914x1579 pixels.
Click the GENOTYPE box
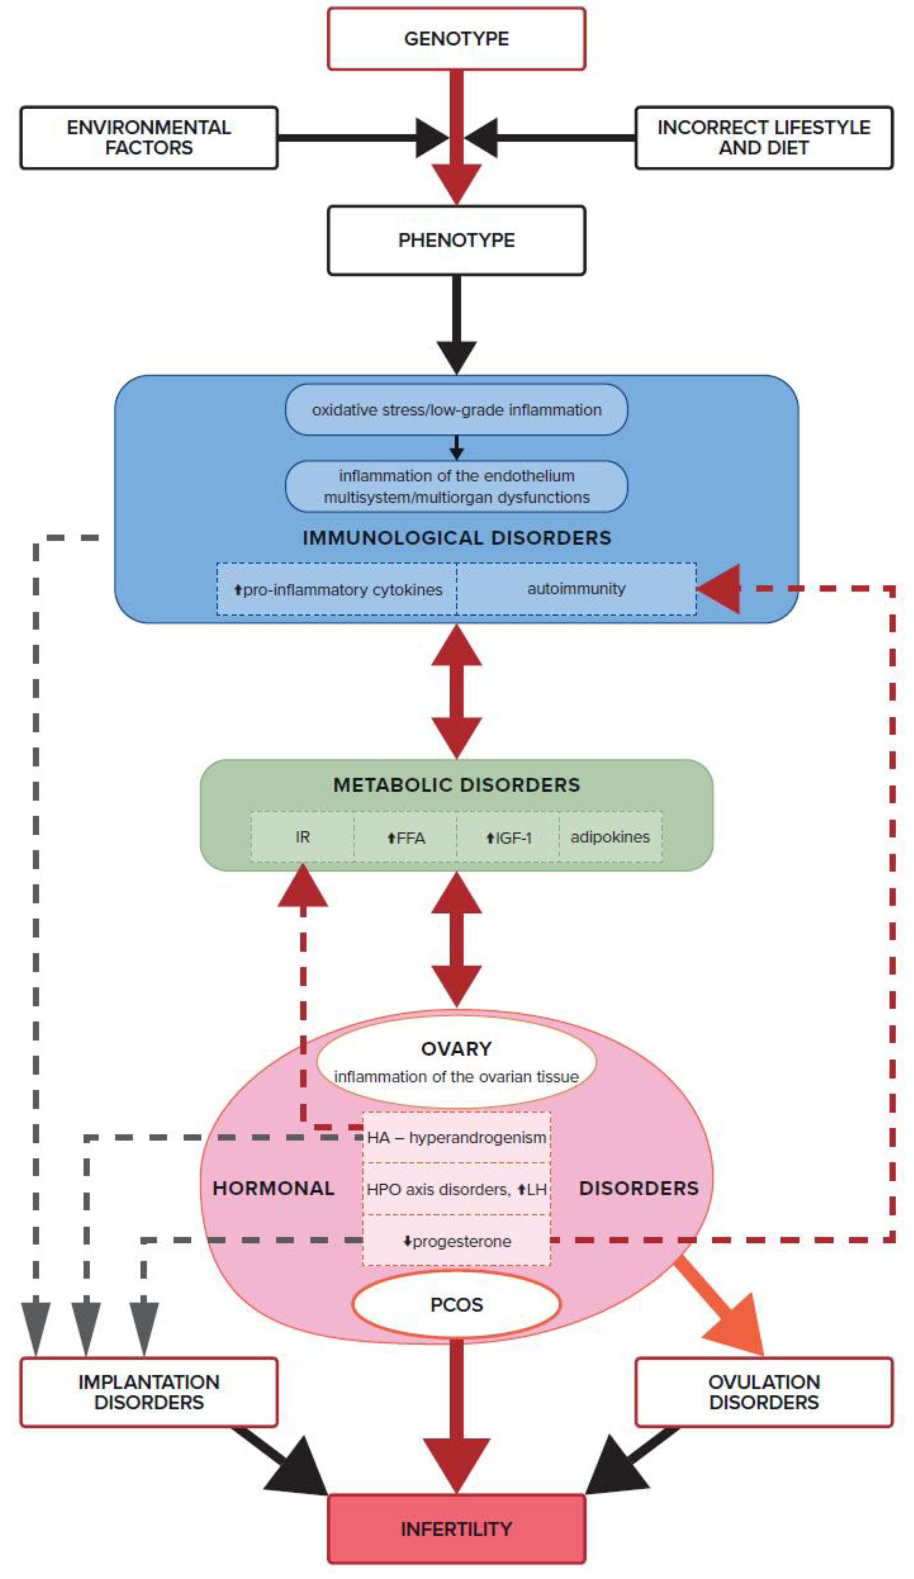(x=456, y=39)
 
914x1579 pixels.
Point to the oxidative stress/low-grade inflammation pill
(x=456, y=410)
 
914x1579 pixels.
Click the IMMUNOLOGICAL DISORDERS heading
(x=456, y=538)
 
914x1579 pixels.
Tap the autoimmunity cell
(x=576, y=589)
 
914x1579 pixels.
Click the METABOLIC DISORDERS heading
(x=456, y=785)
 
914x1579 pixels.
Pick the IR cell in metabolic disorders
(x=303, y=837)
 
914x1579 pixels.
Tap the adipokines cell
(x=610, y=837)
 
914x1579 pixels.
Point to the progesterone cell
(x=456, y=1241)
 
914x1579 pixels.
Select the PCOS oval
(x=456, y=1304)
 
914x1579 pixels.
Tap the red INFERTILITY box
(x=456, y=1529)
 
